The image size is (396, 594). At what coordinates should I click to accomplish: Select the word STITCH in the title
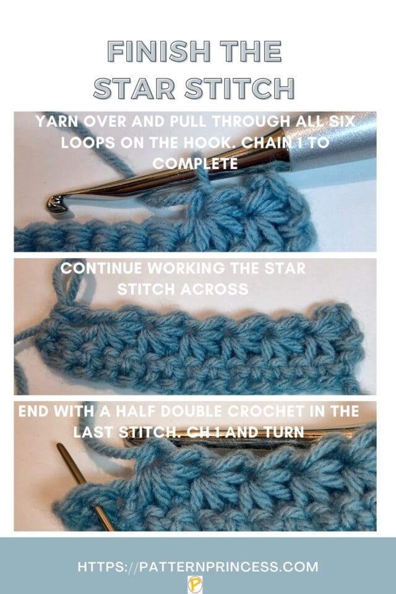pos(241,88)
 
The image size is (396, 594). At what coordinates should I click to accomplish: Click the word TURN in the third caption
pos(287,431)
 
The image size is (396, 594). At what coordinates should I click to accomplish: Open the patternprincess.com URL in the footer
pos(198,566)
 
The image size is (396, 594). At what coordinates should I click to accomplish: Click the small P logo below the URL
pos(192,582)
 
